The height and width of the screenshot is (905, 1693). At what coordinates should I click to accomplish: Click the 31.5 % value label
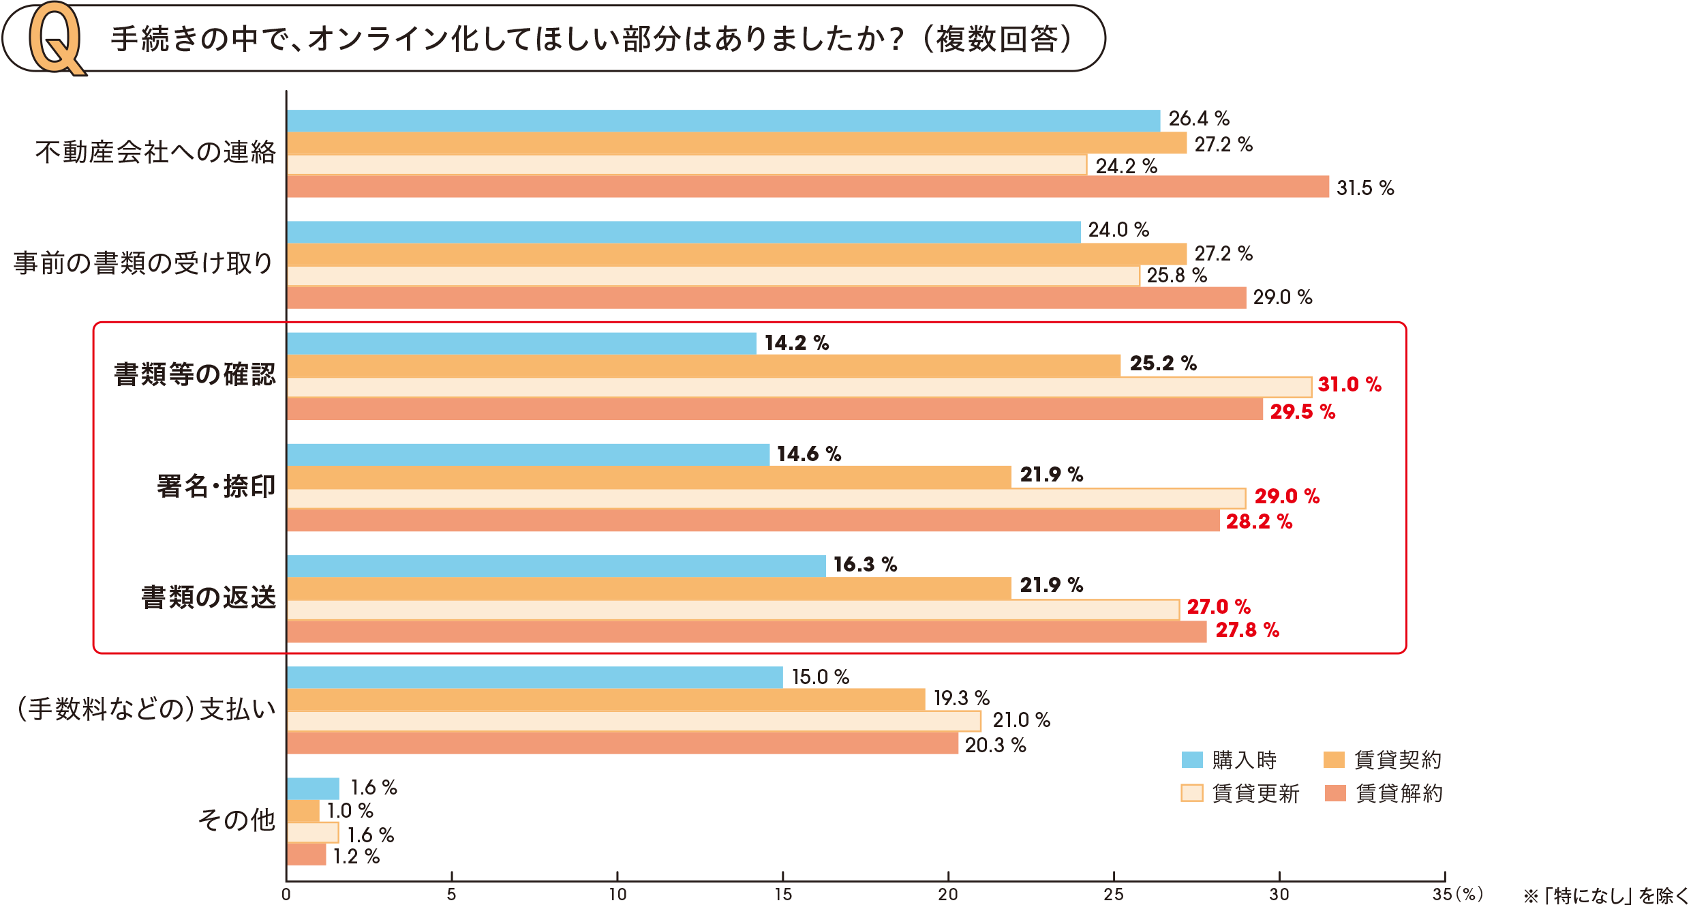[1365, 188]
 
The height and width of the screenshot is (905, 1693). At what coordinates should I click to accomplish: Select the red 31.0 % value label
[1349, 385]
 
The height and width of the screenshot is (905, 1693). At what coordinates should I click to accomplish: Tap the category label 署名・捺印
[216, 486]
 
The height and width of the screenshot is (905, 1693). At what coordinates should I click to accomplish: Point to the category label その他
[237, 820]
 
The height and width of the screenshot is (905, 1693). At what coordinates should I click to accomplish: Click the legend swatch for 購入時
[1191, 760]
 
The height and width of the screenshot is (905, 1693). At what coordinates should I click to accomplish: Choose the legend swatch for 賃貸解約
[1334, 793]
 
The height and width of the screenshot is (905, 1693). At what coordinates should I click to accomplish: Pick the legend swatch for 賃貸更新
[1191, 793]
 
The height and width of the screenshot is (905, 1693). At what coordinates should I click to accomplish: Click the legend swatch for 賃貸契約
[1334, 760]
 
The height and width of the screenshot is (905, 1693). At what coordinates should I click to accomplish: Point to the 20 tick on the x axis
[948, 894]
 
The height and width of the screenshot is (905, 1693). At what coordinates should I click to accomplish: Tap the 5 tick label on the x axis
[451, 894]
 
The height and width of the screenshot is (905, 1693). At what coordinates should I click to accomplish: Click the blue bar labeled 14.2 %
[521, 344]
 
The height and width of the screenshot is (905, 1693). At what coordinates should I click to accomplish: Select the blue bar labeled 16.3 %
[556, 566]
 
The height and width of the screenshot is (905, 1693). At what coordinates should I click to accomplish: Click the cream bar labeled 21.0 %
[634, 721]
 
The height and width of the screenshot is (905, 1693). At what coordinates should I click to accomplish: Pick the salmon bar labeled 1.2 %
[307, 855]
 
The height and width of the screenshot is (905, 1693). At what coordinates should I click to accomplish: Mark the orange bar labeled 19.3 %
[606, 699]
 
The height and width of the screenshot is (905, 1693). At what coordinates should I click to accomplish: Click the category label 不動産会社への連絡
[155, 152]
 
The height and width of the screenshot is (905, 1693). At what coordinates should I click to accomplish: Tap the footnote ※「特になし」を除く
[1607, 895]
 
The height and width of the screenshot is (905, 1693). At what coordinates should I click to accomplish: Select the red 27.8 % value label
[1247, 630]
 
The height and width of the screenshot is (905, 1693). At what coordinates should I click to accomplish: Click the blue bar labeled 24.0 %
[684, 232]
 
